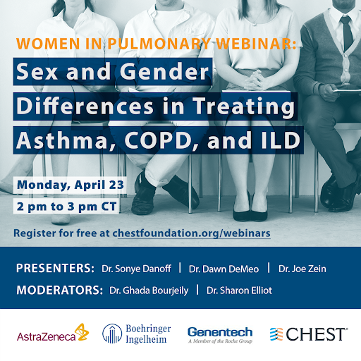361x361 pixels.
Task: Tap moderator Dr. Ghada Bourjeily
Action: tap(149, 290)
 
